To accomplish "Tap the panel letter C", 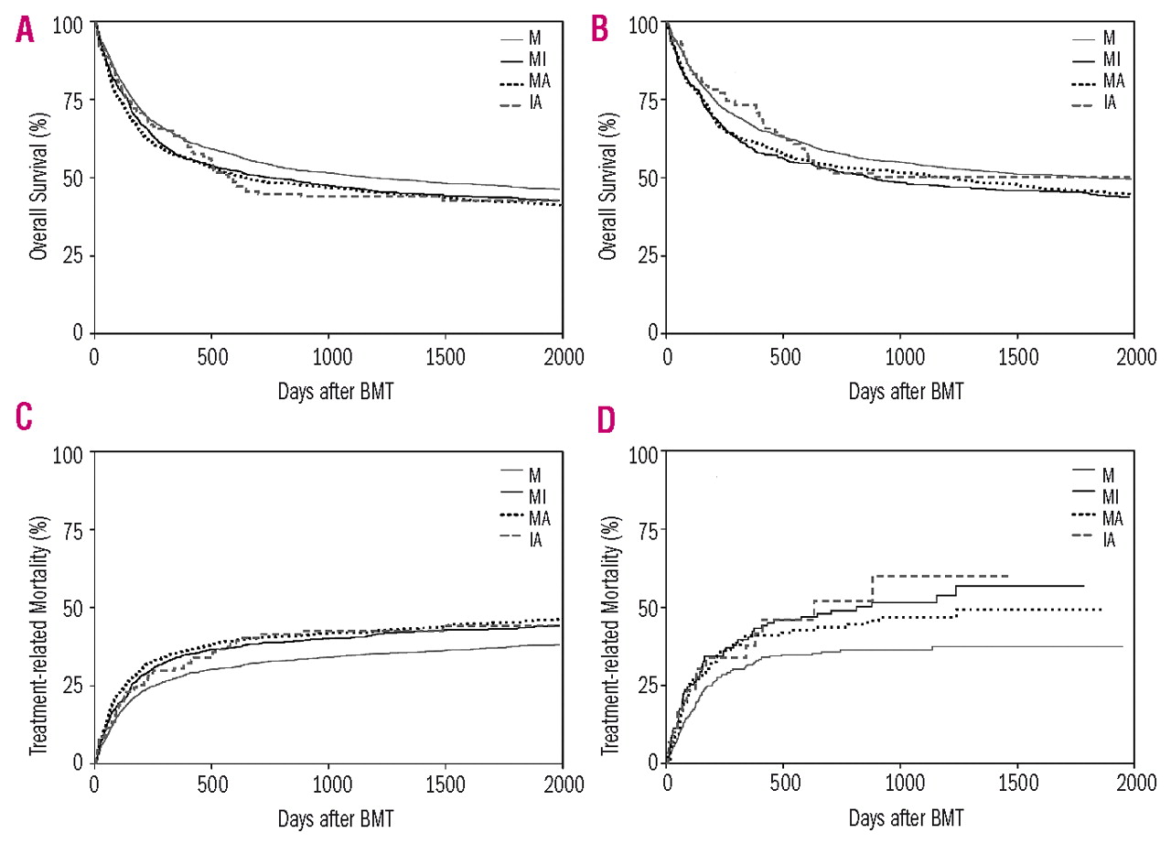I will [24, 417].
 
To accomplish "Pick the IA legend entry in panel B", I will [1110, 102].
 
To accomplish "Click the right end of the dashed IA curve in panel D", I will [1007, 576].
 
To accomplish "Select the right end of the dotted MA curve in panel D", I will [1101, 609].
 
